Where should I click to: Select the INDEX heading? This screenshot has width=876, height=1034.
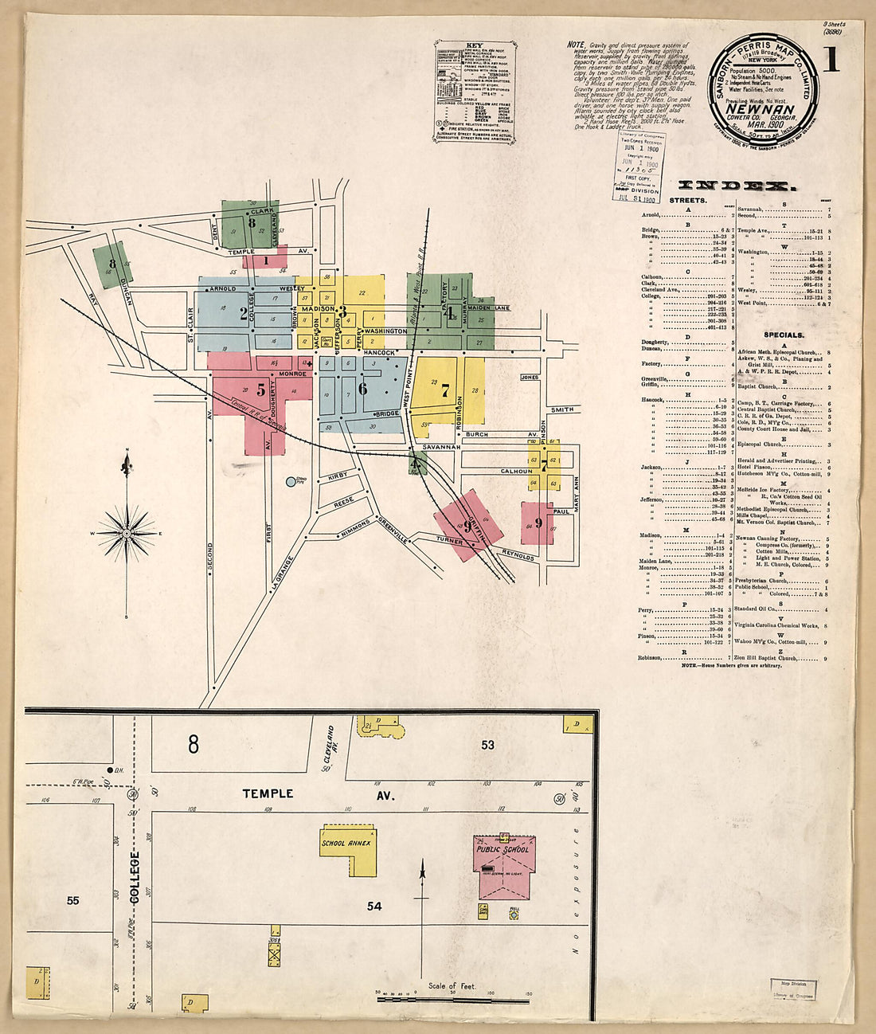(x=735, y=186)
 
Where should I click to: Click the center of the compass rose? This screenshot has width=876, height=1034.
(x=127, y=532)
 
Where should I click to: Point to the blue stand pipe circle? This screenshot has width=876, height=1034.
(x=291, y=481)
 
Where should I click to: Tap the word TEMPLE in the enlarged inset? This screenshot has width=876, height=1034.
(x=268, y=793)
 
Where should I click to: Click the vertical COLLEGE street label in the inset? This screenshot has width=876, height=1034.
(x=134, y=877)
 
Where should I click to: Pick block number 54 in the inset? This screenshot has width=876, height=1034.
(x=374, y=907)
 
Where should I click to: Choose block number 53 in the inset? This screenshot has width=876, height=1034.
(x=487, y=745)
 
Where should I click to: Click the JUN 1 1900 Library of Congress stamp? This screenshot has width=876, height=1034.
(x=637, y=166)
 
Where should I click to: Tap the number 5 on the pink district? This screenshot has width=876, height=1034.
(x=260, y=390)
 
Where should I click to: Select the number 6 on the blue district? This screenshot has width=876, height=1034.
(x=363, y=389)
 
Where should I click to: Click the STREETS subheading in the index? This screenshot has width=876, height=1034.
(x=687, y=200)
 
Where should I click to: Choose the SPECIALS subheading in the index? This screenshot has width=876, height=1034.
(x=784, y=335)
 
